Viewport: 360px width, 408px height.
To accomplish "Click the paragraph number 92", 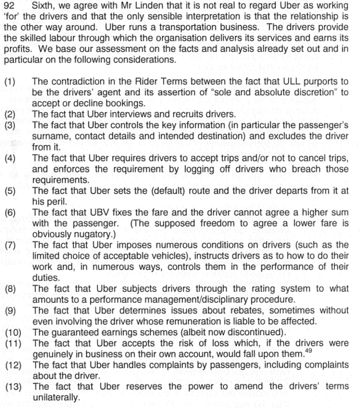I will click(10, 6).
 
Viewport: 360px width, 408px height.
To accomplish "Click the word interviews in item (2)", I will click(124, 114).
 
